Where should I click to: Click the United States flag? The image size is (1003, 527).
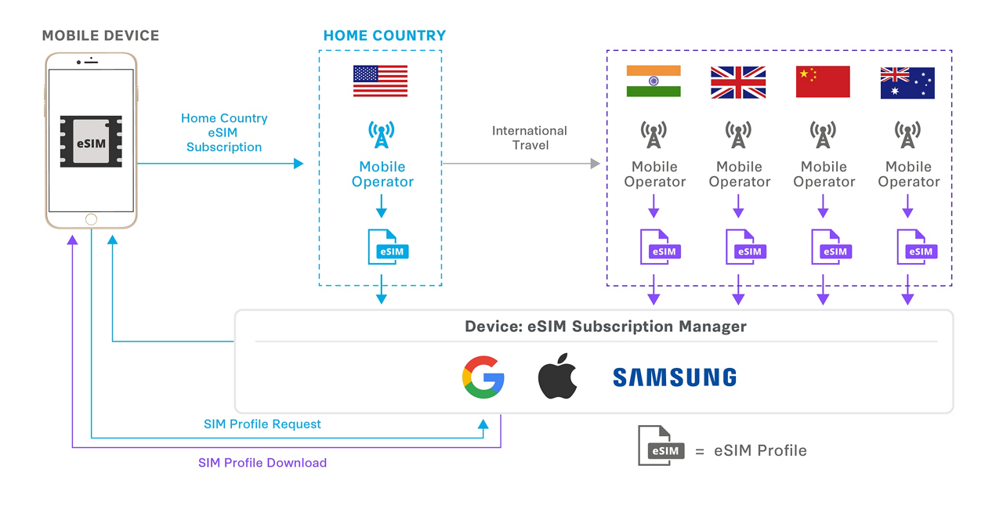380,81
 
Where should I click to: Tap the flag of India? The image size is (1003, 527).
654,81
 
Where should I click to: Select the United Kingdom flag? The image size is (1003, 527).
738,82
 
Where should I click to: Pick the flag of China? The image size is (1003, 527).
823,82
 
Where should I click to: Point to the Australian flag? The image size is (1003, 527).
907,82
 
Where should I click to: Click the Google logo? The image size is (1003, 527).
483,377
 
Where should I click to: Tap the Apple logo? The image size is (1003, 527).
557,377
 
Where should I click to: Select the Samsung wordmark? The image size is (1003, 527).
674,378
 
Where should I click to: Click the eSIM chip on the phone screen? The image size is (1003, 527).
91,142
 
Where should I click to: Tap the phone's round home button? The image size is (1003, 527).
91,220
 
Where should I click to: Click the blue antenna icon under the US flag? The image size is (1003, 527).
382,135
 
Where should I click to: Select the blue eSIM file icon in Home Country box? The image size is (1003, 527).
388,247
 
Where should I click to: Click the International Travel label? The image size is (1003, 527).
530,138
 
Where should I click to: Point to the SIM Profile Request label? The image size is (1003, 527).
263,424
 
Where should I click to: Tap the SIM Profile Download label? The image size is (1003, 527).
263,463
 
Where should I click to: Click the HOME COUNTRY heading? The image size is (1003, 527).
384,35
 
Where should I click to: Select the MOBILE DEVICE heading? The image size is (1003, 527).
100,35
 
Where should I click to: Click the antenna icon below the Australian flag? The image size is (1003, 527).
907,135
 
